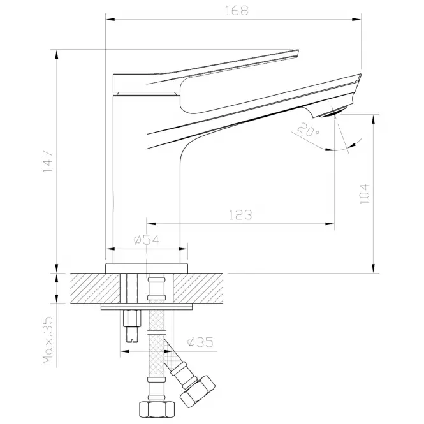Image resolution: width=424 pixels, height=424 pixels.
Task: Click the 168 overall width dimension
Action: [237, 11]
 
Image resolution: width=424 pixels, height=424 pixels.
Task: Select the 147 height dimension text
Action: [48, 162]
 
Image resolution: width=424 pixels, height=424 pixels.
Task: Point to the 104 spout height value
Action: [364, 194]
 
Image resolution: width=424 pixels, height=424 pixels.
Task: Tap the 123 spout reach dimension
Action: [240, 215]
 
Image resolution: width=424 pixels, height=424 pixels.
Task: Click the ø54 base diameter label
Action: [147, 240]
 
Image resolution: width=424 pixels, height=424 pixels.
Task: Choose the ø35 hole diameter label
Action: [200, 342]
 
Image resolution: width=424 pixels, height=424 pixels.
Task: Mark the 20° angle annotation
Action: [308, 129]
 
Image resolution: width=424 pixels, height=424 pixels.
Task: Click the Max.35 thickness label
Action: [48, 340]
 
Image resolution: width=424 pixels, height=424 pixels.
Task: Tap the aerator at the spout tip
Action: [333, 112]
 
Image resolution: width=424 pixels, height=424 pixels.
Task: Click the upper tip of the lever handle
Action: [298, 50]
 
